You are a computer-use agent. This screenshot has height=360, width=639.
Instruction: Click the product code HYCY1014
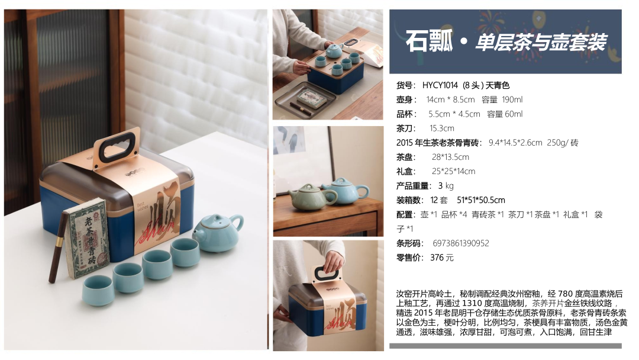click(440, 85)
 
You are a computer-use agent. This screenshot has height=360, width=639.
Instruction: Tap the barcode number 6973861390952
click(460, 243)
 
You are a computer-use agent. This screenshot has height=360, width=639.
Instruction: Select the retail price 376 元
click(442, 258)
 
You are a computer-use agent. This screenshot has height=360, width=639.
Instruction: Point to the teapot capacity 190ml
click(512, 99)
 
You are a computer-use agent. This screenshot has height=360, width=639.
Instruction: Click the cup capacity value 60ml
click(514, 114)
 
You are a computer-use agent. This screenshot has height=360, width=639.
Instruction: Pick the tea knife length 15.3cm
click(442, 128)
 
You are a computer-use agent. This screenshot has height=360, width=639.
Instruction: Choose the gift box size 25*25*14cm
click(454, 171)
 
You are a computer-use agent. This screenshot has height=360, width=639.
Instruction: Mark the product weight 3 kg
click(446, 186)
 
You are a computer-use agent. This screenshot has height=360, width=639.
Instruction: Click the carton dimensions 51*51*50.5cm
click(481, 200)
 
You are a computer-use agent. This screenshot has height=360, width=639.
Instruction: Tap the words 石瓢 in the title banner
click(429, 41)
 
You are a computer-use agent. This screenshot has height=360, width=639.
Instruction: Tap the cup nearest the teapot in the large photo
click(185, 253)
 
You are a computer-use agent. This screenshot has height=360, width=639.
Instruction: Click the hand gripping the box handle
click(334, 258)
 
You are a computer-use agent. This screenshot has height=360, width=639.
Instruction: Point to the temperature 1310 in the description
click(472, 303)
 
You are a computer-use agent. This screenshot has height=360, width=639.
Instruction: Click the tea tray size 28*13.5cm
click(450, 157)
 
